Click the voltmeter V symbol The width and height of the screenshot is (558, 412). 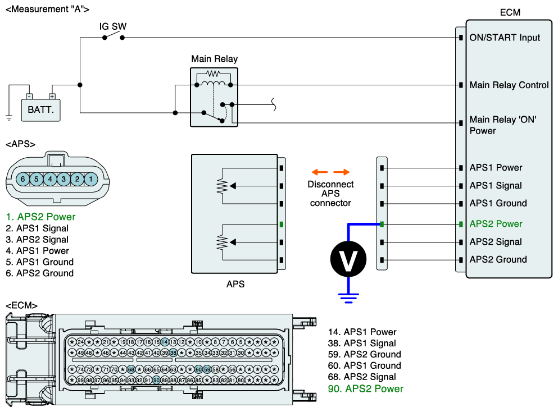348,259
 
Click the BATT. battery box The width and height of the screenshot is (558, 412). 40,110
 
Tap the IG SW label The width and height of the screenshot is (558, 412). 113,26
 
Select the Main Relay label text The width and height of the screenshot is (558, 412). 214,58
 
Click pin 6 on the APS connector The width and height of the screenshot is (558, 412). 23,179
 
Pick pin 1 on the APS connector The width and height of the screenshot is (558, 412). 90,179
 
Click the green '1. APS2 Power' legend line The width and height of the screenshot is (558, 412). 40,217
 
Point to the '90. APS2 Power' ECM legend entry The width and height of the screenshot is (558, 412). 365,388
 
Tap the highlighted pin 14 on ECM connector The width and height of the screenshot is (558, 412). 165,342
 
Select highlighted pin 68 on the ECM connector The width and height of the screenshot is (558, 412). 131,369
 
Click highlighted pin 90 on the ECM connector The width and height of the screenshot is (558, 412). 156,380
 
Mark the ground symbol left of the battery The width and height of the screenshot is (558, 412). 9,118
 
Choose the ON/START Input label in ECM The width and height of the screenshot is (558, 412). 505,38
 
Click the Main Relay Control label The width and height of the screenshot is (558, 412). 509,85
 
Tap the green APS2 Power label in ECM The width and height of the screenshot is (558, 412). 496,224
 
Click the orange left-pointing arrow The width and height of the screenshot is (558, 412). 320,172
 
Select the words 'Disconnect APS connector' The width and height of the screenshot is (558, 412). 330,194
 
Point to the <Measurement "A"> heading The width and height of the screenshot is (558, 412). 47,9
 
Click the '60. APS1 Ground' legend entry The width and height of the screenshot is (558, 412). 364,365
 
